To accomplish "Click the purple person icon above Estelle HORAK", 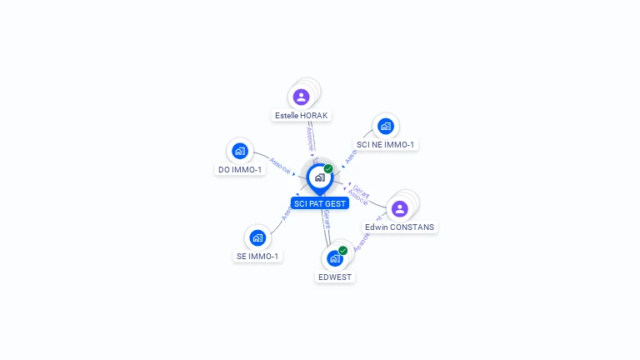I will (302, 97).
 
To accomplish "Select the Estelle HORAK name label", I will (302, 116).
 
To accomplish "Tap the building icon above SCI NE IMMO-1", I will (385, 126).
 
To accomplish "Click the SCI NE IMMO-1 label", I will (385, 145).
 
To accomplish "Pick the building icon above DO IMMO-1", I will (240, 151).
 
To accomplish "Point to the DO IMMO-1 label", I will (240, 170).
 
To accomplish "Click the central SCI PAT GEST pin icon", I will (319, 177).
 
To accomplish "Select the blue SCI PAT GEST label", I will (320, 203).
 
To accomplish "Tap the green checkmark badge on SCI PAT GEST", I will (328, 168).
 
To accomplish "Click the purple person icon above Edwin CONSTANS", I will (399, 208).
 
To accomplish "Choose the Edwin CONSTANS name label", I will (400, 227).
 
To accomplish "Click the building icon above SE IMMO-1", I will (257, 237).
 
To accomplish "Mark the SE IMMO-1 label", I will (257, 257).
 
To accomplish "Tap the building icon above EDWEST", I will (335, 258).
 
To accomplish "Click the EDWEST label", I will (335, 277).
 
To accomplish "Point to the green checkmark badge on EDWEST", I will (342, 250).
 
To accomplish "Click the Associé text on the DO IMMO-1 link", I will (280, 166).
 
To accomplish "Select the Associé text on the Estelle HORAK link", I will (309, 137).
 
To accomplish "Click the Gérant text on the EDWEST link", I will (327, 220).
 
